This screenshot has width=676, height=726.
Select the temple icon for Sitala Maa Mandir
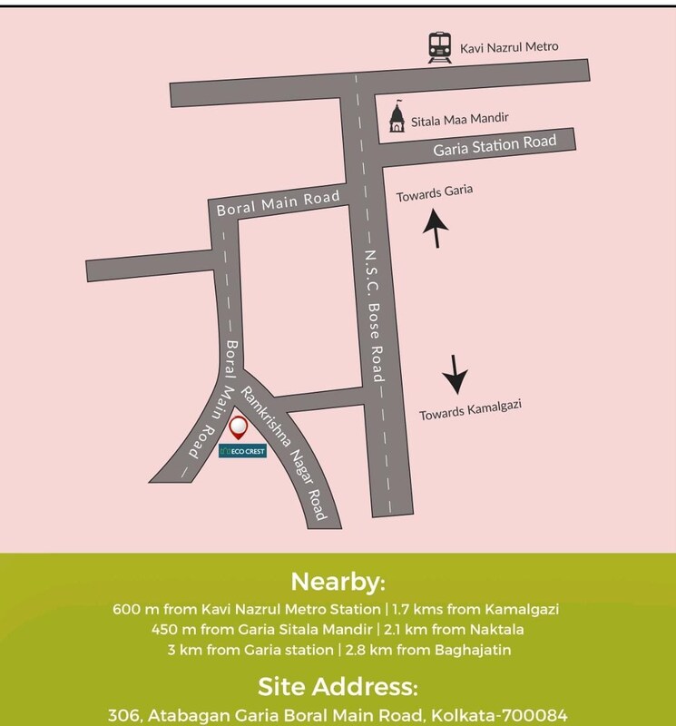pyautogui.click(x=397, y=117)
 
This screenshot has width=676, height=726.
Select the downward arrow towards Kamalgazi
pyautogui.click(x=455, y=371)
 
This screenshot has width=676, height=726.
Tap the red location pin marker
pyautogui.click(x=240, y=427)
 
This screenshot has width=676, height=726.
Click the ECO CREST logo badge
pyautogui.click(x=241, y=449)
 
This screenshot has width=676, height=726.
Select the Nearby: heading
pyautogui.click(x=338, y=582)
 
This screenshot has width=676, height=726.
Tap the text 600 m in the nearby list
pyautogui.click(x=131, y=608)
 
